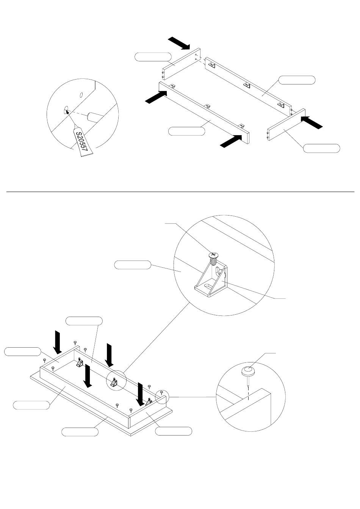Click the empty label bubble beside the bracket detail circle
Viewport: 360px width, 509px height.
133,265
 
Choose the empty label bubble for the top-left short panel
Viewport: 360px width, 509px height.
153,57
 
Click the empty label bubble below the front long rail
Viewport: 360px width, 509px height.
186,131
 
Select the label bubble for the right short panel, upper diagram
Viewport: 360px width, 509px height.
322,148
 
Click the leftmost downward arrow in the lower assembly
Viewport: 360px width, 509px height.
58,342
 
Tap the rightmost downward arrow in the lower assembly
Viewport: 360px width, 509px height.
141,394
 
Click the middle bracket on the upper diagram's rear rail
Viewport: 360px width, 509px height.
247,84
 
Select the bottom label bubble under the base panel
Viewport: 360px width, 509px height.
80,431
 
